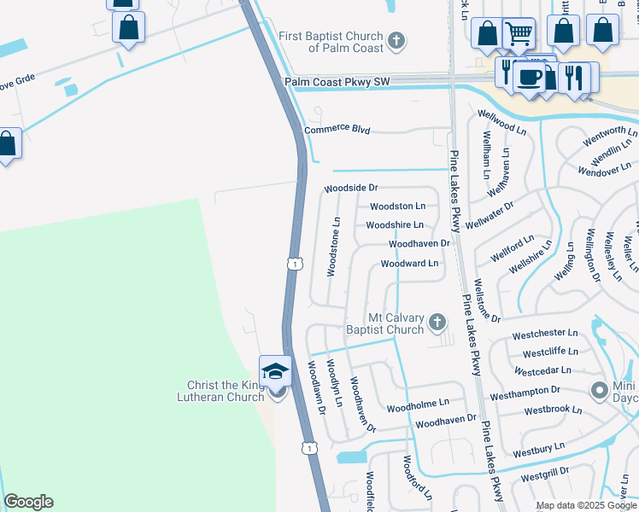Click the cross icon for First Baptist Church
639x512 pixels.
point(396,39)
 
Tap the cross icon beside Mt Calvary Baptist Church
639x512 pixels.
point(437,323)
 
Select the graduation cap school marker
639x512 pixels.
point(276,372)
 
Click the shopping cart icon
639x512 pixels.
point(519,33)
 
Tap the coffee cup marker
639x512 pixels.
point(530,76)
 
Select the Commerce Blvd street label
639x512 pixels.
point(337,130)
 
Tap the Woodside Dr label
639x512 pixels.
point(350,188)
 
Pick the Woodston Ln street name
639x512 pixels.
point(397,207)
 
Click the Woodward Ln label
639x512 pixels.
point(409,264)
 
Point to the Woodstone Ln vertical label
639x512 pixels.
point(335,246)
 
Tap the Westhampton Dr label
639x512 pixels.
point(525,391)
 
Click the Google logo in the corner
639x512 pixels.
point(28,502)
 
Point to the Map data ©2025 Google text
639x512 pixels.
point(585,505)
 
